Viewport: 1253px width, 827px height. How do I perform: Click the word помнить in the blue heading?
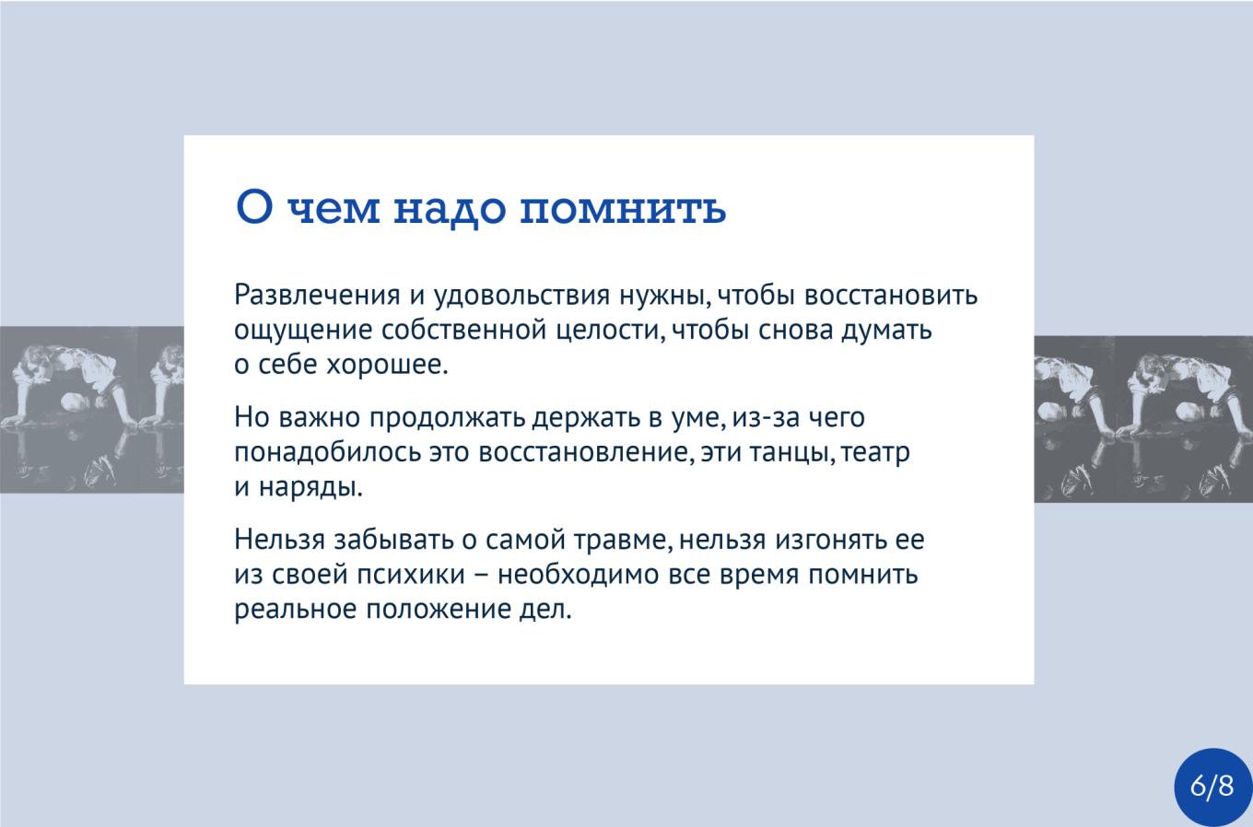[623, 207]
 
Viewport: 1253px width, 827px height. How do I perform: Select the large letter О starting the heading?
[254, 206]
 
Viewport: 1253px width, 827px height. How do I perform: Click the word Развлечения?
[317, 295]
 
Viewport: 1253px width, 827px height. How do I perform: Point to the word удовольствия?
[521, 296]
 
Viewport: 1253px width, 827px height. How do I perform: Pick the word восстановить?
[891, 296]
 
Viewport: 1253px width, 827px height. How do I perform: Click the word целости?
[611, 331]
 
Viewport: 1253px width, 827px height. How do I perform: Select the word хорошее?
[387, 365]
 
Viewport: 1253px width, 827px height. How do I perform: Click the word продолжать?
[447, 418]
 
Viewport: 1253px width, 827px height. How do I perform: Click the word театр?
[875, 453]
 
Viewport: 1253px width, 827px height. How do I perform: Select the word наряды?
[310, 487]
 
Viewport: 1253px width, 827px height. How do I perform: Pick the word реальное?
[296, 610]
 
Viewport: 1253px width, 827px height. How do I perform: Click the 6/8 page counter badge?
[1212, 786]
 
